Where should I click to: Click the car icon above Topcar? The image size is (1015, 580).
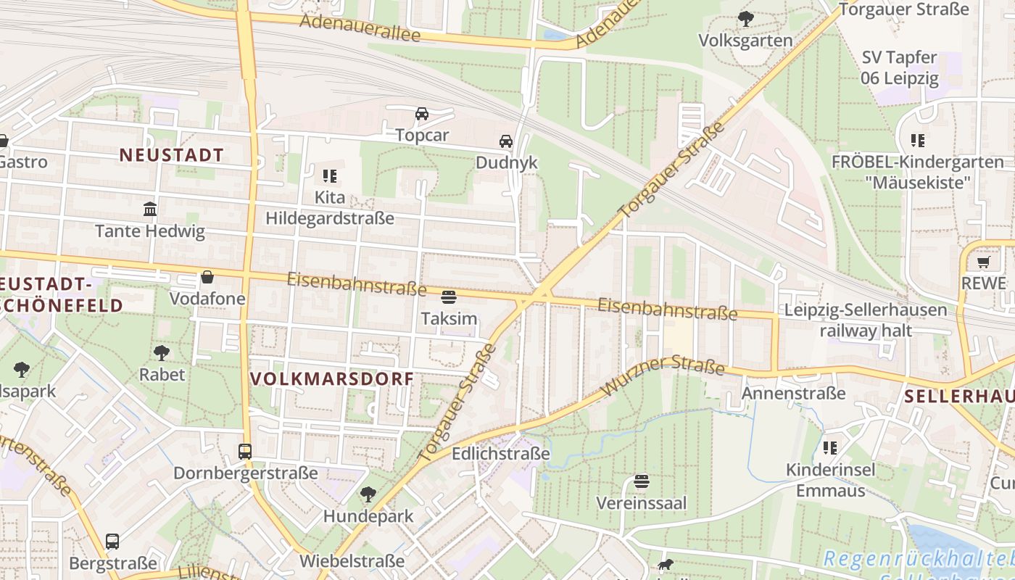[x=421, y=114]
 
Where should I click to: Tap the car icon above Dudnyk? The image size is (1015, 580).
[x=505, y=141]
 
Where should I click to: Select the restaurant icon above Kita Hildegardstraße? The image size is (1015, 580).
[x=330, y=175]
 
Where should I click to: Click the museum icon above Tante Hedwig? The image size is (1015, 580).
[x=150, y=210]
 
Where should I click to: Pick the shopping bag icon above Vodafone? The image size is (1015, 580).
[x=207, y=277]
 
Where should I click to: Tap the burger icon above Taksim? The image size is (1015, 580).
[x=449, y=297]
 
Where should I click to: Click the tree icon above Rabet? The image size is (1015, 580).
[x=162, y=353]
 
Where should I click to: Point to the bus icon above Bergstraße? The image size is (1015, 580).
[x=112, y=542]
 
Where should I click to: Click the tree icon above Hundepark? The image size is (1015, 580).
[x=368, y=494]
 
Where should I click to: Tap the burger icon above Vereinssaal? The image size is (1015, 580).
[x=641, y=481]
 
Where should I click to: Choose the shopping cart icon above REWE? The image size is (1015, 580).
[x=984, y=262]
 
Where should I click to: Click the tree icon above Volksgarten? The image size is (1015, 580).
[x=745, y=19]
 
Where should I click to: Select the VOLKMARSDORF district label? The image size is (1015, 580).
[x=332, y=378]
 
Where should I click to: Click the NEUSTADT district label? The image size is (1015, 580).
[x=172, y=154]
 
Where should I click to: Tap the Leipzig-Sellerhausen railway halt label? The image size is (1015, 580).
[x=866, y=320]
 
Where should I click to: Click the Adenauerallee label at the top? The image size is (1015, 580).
[x=360, y=27]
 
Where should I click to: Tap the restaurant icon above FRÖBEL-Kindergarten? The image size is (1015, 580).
[x=918, y=140]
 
